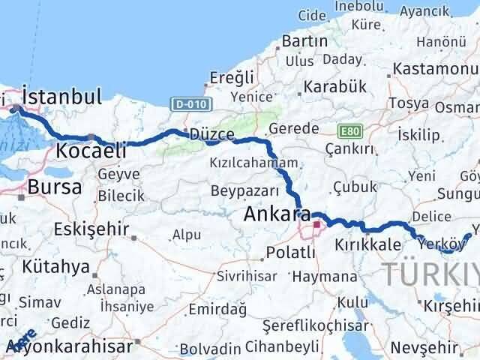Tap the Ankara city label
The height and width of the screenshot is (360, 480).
[271, 216]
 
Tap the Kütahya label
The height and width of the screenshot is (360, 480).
[56, 266]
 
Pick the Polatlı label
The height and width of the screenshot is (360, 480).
[295, 252]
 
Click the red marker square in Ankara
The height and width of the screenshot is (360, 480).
[316, 223]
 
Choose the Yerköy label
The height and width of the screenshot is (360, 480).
[435, 241]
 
